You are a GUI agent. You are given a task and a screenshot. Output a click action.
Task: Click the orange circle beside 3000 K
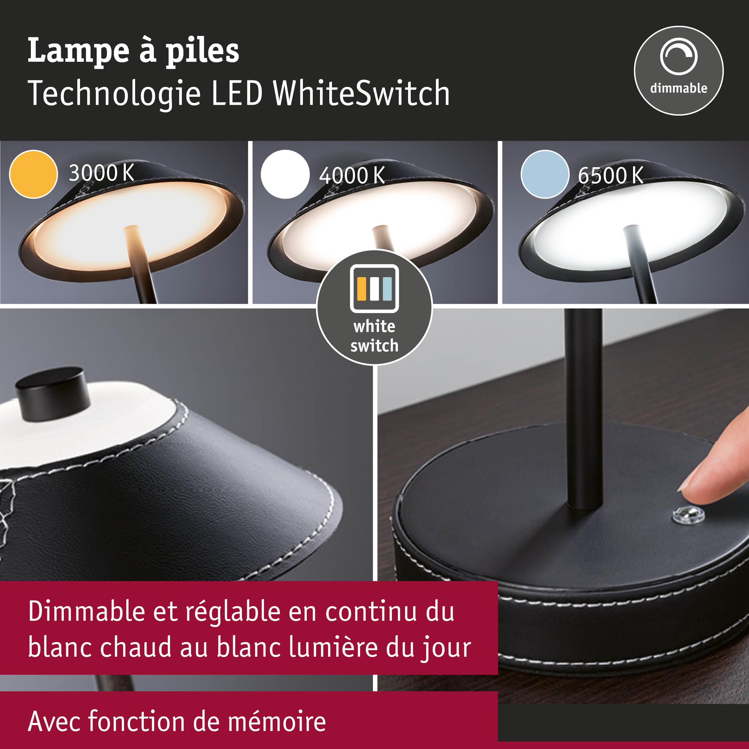click(x=33, y=174)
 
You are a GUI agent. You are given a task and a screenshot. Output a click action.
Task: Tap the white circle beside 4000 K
click(x=285, y=174)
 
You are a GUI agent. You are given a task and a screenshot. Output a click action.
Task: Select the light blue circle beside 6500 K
click(x=545, y=174)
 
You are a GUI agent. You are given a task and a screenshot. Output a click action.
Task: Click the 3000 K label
click(x=102, y=173)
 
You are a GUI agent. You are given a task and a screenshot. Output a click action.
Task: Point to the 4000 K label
click(x=352, y=175)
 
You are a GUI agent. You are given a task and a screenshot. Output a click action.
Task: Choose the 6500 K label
click(x=611, y=175)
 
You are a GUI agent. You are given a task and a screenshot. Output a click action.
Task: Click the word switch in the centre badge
click(x=374, y=345)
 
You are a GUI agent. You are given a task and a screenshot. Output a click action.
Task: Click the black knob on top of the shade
click(x=53, y=393)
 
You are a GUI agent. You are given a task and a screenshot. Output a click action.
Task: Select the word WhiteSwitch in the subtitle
click(x=362, y=93)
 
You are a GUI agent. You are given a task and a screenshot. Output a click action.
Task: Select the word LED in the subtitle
click(x=237, y=93)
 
